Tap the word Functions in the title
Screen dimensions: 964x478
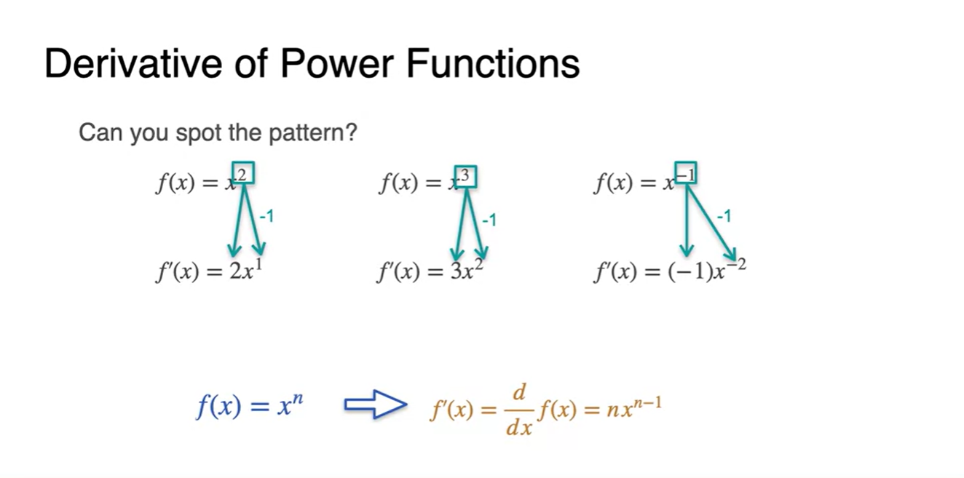[493, 64]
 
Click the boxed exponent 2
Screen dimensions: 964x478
[242, 175]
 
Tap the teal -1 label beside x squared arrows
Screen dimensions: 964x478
[266, 216]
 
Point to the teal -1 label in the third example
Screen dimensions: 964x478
[723, 216]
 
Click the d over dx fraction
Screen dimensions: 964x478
[519, 411]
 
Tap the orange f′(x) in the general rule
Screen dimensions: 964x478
[451, 412]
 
